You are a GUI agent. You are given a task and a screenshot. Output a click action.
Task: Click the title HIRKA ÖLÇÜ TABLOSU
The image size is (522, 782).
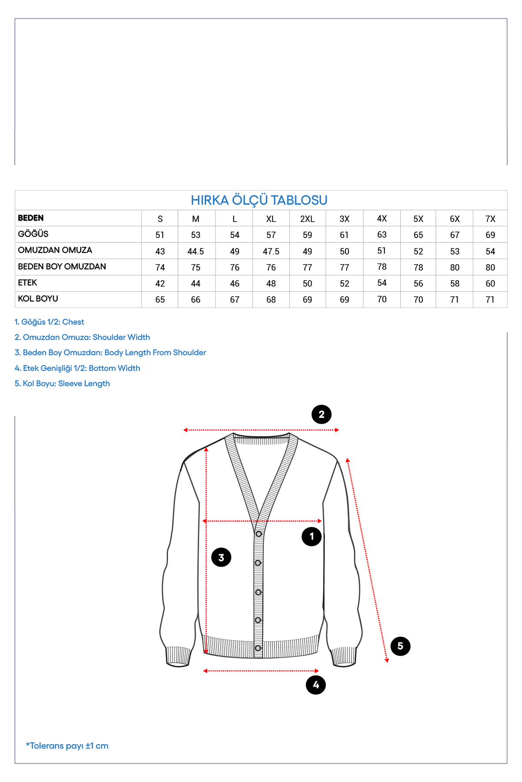click(x=259, y=200)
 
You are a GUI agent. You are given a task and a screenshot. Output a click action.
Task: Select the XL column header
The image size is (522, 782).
click(x=271, y=219)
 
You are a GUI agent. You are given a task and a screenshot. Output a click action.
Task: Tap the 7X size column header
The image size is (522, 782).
click(x=490, y=219)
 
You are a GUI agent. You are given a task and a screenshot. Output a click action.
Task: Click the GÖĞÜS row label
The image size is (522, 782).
click(x=33, y=234)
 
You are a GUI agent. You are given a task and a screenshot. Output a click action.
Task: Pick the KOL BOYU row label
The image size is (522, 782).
click(x=38, y=299)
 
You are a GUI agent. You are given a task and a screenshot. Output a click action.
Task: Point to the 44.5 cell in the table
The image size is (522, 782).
click(x=196, y=252)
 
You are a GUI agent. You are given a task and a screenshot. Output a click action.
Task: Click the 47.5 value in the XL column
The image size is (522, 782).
click(x=271, y=252)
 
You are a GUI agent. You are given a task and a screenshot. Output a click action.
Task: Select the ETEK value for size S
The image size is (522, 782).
click(x=160, y=284)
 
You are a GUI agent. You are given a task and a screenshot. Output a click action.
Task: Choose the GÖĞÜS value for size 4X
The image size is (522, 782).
click(x=382, y=235)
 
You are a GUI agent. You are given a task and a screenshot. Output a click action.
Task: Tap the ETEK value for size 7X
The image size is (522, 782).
click(x=490, y=284)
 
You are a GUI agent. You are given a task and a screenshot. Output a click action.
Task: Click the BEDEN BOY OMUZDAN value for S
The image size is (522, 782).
click(x=160, y=268)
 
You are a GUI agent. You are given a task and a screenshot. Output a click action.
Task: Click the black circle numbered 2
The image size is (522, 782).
click(x=321, y=414)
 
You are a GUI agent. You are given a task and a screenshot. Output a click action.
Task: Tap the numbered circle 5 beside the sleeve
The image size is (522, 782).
click(x=400, y=646)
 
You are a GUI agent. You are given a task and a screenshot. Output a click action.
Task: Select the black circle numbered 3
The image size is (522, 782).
click(x=221, y=557)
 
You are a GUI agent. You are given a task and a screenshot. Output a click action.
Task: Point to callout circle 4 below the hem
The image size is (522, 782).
click(x=316, y=685)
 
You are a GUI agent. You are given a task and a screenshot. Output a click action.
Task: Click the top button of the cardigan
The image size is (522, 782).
click(x=258, y=534)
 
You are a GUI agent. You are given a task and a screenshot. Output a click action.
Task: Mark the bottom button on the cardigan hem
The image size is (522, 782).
click(x=258, y=648)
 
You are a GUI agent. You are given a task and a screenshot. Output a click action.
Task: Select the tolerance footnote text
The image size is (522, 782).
click(x=67, y=746)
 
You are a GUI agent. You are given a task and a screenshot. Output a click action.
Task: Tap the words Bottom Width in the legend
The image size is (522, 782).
click(x=114, y=368)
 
